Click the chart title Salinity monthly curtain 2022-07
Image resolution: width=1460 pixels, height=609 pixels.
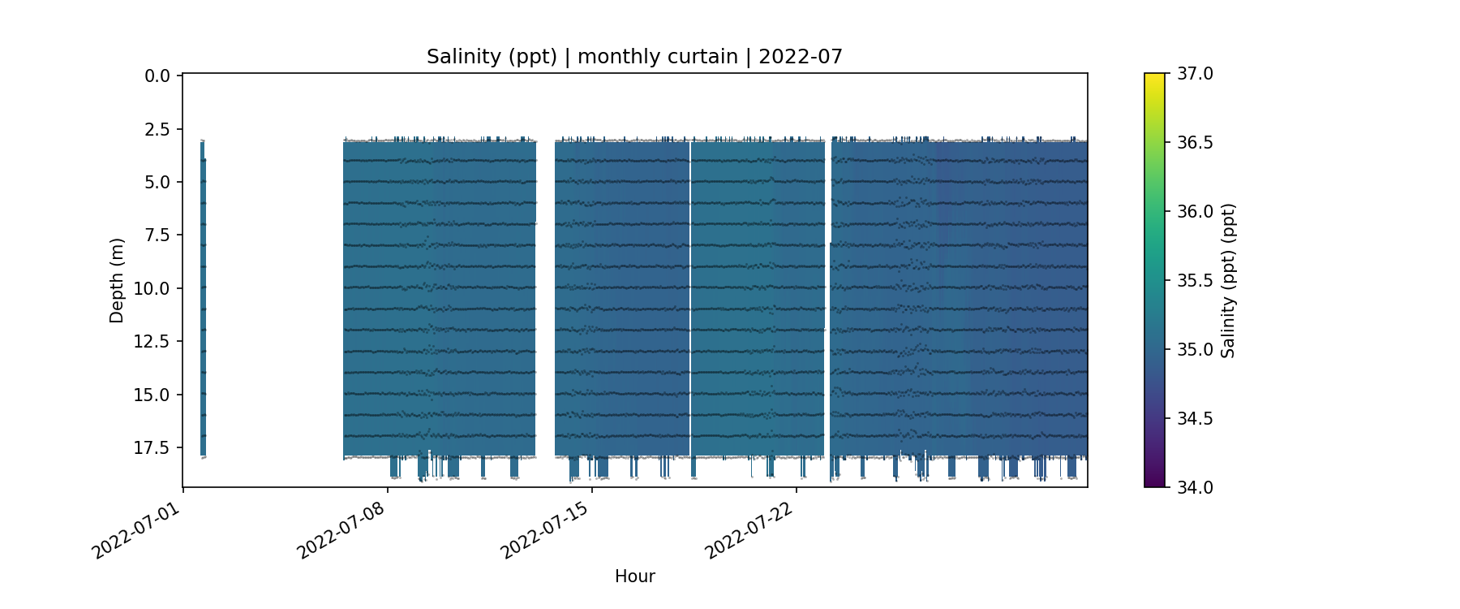634,57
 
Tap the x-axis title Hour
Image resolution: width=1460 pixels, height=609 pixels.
634,577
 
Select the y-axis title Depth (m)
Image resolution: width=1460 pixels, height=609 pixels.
117,280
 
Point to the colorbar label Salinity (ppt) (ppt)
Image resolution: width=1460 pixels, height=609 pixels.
1228,280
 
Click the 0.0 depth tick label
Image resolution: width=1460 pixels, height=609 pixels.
157,76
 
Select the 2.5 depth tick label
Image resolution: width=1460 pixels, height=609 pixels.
157,130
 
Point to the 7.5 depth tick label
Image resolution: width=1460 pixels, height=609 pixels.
157,235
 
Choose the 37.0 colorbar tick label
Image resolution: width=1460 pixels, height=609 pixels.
1195,74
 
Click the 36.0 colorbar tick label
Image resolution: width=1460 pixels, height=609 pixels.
1195,212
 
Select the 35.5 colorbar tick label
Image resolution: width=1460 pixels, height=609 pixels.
1195,281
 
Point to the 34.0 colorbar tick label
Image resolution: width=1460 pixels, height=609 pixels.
1195,487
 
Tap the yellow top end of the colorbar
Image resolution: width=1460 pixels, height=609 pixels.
1154,78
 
